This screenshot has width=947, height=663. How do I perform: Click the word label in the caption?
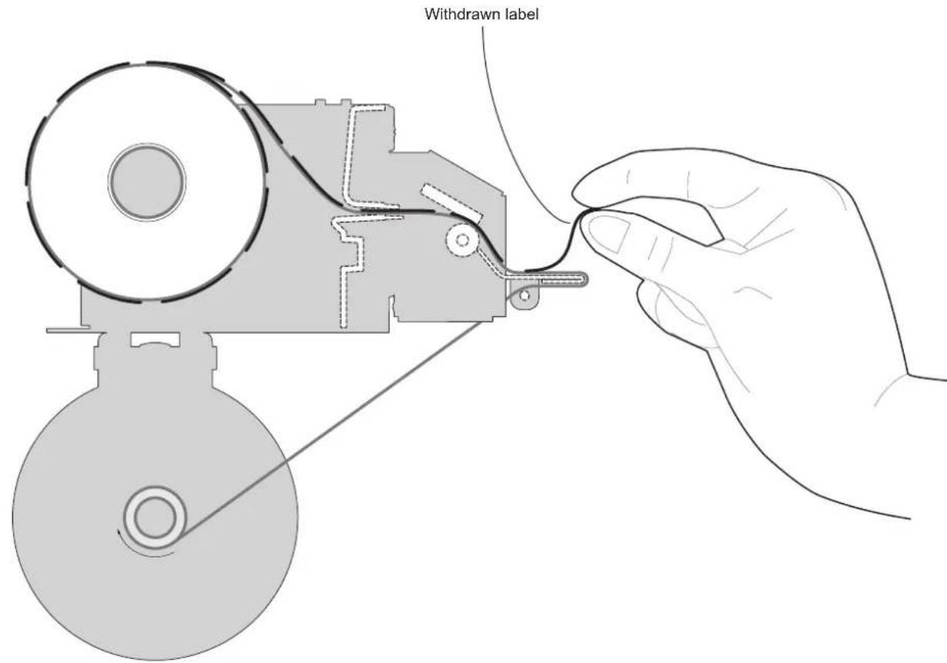(x=522, y=14)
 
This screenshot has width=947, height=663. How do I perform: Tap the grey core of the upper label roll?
(x=147, y=182)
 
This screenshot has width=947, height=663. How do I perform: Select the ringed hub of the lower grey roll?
(x=155, y=518)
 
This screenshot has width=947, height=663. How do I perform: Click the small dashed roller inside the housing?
(x=462, y=240)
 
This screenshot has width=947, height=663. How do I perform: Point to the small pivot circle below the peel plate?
(x=524, y=295)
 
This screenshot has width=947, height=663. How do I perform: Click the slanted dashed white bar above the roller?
(x=452, y=203)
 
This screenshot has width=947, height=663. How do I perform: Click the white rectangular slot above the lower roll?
(x=155, y=339)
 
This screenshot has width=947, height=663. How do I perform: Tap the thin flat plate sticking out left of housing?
(x=68, y=329)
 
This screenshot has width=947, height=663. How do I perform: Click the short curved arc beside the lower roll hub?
(x=139, y=547)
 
